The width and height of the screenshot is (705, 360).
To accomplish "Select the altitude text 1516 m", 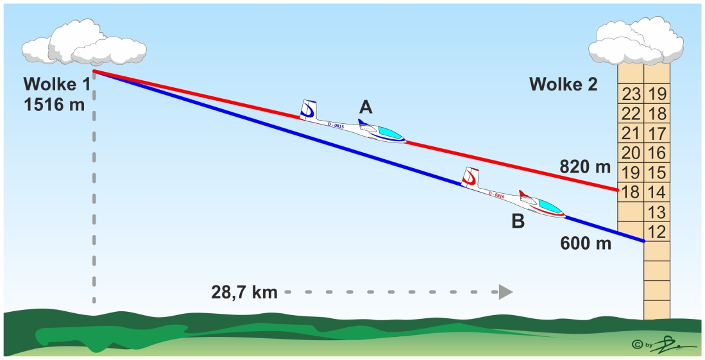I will [54, 105].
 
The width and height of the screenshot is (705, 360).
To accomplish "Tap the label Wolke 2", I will [563, 85].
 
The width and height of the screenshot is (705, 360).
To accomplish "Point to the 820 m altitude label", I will [585, 168].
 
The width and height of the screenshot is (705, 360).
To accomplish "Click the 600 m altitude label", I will [586, 244].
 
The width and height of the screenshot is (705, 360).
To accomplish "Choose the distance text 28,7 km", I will [244, 293].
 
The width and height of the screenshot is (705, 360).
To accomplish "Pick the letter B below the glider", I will [518, 222].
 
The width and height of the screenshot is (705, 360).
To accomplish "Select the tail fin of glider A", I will [309, 110].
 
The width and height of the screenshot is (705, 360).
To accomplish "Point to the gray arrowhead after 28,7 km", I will [505, 292].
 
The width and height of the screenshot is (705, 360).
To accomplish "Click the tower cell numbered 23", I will [631, 94].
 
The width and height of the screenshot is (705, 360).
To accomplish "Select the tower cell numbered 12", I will [657, 232].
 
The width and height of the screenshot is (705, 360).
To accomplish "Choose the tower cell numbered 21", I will [631, 133].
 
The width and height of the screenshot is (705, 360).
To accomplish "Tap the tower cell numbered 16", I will [657, 153].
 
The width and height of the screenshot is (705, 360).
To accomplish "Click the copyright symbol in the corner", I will [638, 345].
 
